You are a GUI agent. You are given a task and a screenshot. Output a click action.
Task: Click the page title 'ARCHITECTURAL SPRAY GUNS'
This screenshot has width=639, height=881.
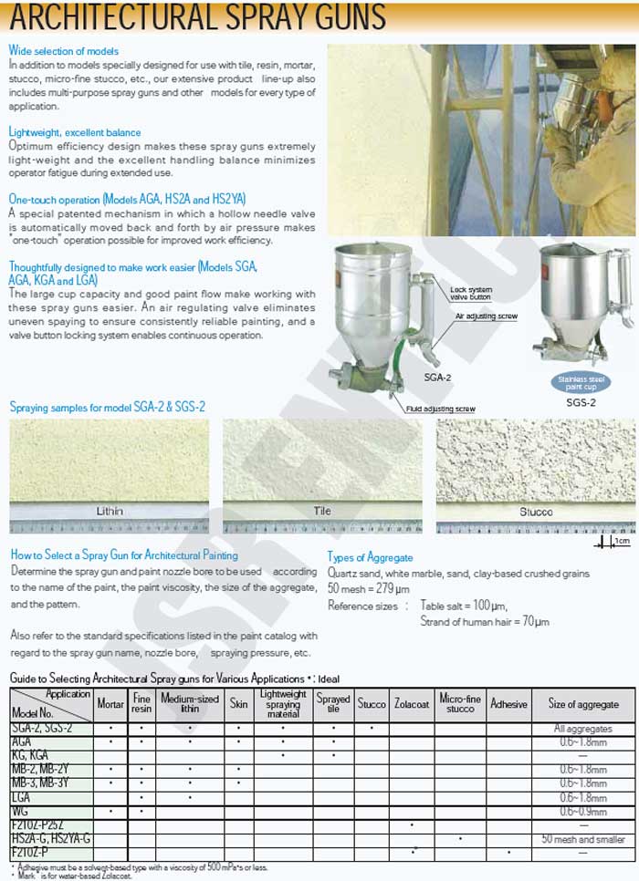tap(197, 17)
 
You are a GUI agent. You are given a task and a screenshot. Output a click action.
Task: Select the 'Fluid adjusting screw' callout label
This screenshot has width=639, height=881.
tap(442, 409)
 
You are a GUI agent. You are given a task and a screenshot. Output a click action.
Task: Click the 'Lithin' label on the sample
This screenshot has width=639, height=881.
tap(110, 511)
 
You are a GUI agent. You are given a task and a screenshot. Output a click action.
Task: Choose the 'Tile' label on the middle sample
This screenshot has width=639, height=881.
tap(322, 511)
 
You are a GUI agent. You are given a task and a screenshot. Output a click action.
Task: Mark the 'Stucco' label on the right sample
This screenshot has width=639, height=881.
tap(536, 512)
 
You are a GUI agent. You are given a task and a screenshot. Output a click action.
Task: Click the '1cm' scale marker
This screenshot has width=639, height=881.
tap(622, 542)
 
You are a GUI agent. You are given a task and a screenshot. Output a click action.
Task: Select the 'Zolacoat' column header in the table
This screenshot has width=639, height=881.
tap(413, 704)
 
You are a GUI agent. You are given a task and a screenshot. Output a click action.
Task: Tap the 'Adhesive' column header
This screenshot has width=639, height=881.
tap(508, 704)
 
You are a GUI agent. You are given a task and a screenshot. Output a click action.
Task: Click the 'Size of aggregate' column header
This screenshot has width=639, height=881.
tap(583, 704)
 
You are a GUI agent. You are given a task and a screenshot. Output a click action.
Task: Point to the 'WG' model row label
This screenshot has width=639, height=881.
tap(21, 811)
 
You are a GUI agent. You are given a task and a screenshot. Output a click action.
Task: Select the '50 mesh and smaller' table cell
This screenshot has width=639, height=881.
tap(583, 838)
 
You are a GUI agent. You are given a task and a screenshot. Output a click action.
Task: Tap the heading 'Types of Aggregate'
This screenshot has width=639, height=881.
tap(370, 557)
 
